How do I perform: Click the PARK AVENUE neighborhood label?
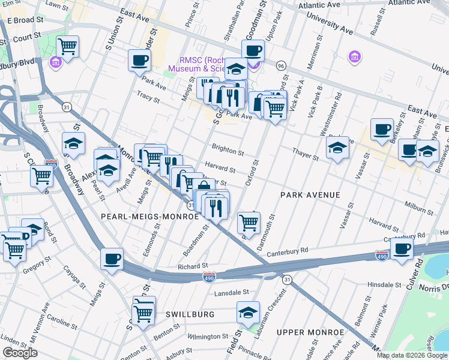click(x=310, y=195)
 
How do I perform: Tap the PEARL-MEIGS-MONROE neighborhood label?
click(x=149, y=216)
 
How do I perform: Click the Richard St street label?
click(x=193, y=266)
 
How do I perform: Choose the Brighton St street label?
click(x=228, y=152)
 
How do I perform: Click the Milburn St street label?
click(x=420, y=210)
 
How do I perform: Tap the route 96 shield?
click(x=280, y=65)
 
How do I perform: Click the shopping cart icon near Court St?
click(x=68, y=46)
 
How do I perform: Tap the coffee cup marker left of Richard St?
click(x=112, y=259)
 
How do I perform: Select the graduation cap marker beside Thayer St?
click(x=338, y=148)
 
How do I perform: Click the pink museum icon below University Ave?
click(x=355, y=57)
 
